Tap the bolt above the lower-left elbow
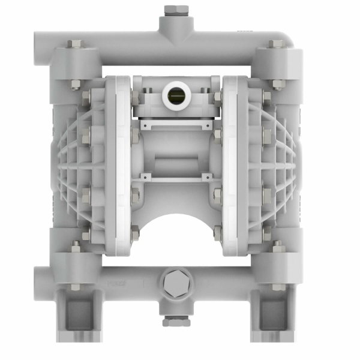pos(76,246)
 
